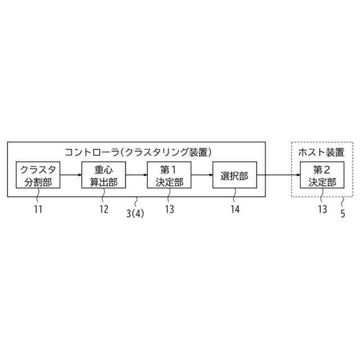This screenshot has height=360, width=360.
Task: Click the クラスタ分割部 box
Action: pos(38,175)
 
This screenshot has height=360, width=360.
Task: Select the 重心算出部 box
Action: pos(103,175)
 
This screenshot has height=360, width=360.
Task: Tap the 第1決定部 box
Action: pos(169,175)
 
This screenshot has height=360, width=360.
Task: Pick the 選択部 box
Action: pos(235,175)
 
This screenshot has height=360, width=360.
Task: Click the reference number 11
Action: pos(38,210)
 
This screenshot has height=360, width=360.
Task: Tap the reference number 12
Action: pos(103,210)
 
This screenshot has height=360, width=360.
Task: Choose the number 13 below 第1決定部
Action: pos(169,210)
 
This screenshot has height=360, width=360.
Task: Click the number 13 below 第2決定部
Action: pos(322,210)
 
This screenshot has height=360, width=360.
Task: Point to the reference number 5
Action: pos(343,213)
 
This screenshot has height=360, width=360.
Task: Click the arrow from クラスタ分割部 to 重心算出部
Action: pos(70,175)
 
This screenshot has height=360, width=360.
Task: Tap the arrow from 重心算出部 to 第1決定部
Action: pos(136,175)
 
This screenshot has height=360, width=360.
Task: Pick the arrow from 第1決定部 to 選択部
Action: pos(201,175)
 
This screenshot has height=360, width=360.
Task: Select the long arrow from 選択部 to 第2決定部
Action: pos(278,175)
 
